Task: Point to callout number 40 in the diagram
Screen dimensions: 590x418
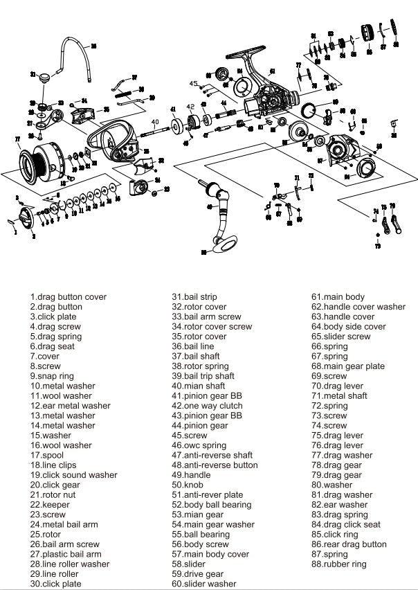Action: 155,122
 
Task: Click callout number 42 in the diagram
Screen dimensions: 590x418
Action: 190,107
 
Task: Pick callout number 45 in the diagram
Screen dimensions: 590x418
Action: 194,83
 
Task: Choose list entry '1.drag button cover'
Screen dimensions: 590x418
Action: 68,297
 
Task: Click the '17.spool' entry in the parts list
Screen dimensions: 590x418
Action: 46,456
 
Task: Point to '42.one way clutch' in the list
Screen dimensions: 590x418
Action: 208,406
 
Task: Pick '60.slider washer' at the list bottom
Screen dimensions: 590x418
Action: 204,584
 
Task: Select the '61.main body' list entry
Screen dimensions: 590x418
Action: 338,297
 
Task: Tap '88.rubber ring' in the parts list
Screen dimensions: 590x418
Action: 339,564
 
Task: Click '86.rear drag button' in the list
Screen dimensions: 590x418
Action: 349,544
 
